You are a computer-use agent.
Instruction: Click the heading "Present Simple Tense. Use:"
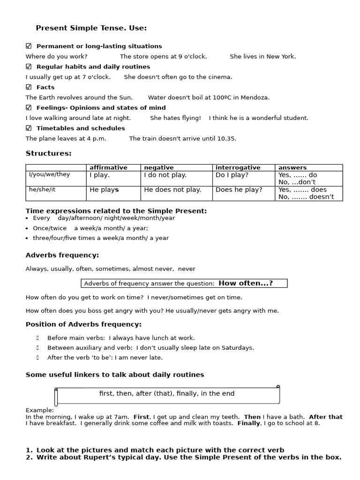(91, 29)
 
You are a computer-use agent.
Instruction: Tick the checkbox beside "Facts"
(29, 87)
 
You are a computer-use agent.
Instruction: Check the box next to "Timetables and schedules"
(29, 128)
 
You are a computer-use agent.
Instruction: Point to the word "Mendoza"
(255, 97)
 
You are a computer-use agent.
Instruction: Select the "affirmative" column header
(108, 167)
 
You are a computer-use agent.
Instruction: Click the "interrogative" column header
(238, 167)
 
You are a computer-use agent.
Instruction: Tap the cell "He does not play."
(172, 190)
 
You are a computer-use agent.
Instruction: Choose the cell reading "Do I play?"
(232, 175)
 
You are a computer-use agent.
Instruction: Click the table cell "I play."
(100, 175)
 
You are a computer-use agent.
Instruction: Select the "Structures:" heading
(49, 153)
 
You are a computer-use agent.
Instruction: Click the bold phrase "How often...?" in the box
(246, 283)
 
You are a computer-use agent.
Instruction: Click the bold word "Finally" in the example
(249, 423)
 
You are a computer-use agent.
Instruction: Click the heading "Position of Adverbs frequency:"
(83, 324)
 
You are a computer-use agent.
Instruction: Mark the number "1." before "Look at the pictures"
(29, 450)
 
